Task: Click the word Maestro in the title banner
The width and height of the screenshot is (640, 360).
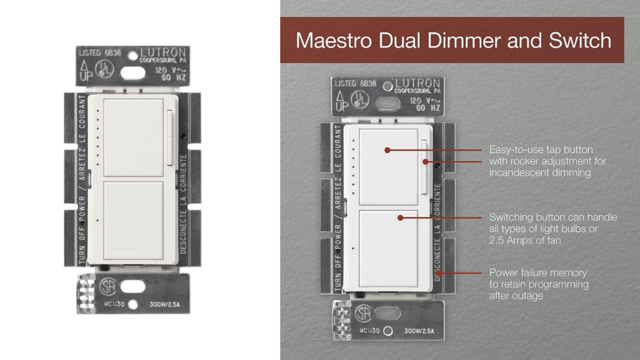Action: tap(331, 41)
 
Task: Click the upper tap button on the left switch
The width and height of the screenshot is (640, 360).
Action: tap(132, 136)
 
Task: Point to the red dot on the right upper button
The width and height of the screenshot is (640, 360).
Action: tap(387, 150)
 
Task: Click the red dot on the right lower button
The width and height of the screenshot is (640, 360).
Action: tap(399, 217)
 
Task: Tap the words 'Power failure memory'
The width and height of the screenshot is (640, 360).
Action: tap(537, 272)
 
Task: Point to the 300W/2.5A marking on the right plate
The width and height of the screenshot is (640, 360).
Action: tap(421, 331)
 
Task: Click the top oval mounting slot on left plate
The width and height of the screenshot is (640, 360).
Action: tap(132, 72)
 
